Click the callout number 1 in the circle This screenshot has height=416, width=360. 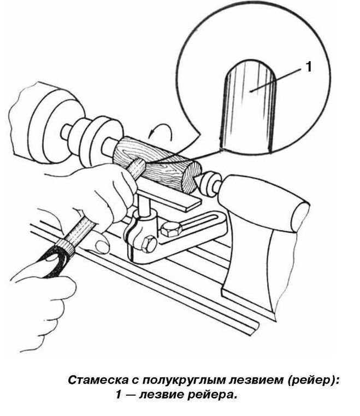pos(309,67)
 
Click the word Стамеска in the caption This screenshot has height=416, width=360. pos(98,380)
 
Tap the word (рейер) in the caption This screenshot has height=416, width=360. pos(313,380)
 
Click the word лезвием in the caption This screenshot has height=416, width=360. pos(257,380)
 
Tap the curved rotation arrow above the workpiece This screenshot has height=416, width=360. pos(161,132)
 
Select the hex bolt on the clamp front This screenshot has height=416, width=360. pos(149,245)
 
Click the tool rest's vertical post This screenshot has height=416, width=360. pos(143,204)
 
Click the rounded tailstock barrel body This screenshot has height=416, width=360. pos(265,202)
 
